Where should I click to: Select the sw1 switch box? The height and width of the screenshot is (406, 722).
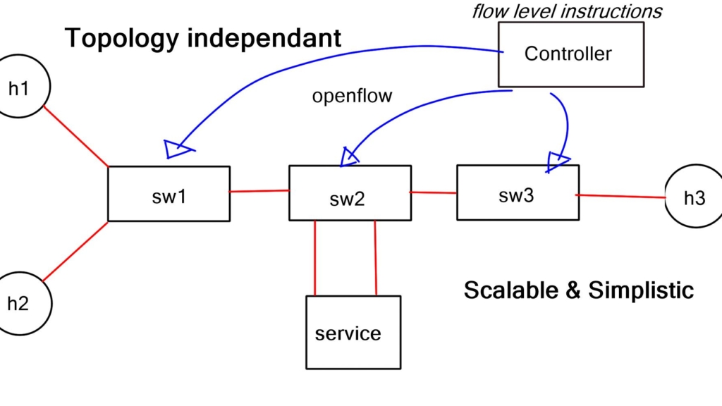(x=169, y=194)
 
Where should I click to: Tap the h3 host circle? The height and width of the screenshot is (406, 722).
(x=692, y=198)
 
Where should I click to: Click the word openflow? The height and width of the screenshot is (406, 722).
(x=352, y=96)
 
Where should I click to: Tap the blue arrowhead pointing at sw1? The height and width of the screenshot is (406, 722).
(x=177, y=148)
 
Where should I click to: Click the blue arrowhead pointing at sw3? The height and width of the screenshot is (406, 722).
(x=558, y=162)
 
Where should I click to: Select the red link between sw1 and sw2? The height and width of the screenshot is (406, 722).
(x=259, y=190)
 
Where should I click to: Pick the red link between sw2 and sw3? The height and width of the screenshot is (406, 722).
(x=434, y=192)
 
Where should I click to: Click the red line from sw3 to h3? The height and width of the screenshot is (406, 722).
(x=621, y=196)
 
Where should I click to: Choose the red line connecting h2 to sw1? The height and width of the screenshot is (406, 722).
(x=75, y=252)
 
